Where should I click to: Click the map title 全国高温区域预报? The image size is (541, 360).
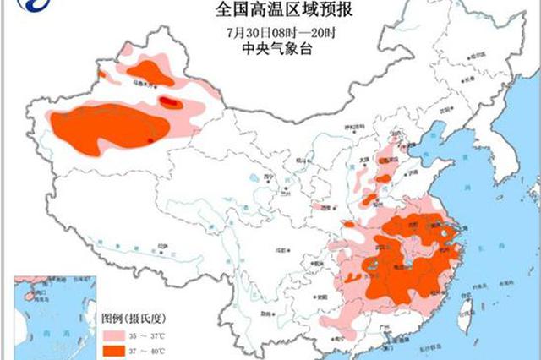click(271, 10)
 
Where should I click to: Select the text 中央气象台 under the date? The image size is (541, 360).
click(270, 48)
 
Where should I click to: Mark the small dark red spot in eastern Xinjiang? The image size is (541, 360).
click(170, 103)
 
